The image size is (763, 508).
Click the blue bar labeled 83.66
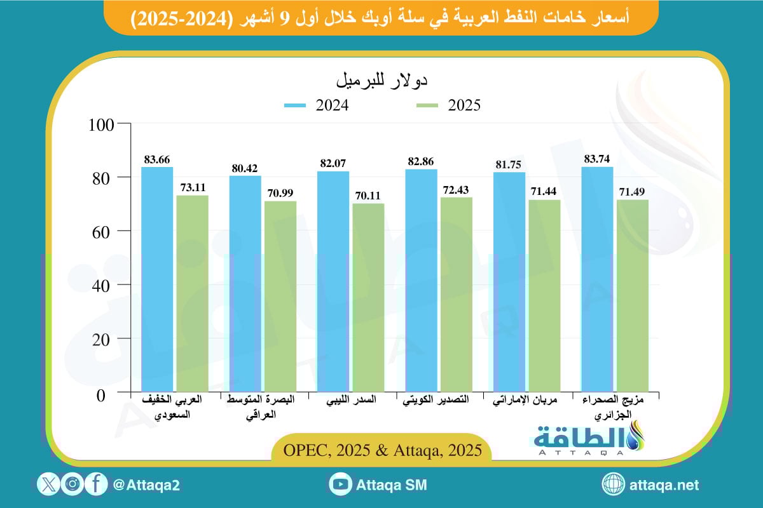(x=157, y=279)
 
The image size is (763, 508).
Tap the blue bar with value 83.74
(x=596, y=279)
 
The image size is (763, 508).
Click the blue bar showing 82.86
(x=421, y=281)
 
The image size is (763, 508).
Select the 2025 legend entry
(x=448, y=105)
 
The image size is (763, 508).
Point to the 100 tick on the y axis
(x=102, y=124)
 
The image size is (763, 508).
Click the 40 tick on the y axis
(x=104, y=285)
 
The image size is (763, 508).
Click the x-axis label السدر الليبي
(x=350, y=401)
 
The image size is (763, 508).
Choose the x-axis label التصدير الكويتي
(x=438, y=401)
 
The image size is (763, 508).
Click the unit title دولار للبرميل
(x=381, y=81)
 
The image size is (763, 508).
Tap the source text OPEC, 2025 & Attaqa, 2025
(x=381, y=449)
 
